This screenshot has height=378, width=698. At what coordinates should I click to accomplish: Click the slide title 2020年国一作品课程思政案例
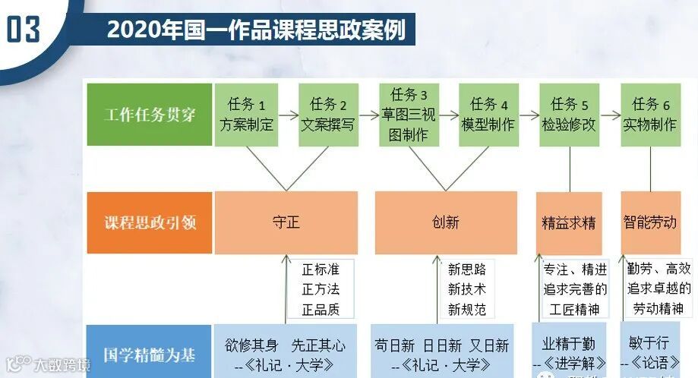tap(256, 30)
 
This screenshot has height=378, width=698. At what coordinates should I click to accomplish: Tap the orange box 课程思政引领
tap(150, 223)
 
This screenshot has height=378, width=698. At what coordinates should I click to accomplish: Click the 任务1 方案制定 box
tap(246, 115)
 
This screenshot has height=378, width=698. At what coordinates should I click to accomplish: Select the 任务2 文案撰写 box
tap(328, 115)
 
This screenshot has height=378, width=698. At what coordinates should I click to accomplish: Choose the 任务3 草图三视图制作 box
tap(409, 115)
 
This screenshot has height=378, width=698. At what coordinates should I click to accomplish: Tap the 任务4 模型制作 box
tap(488, 115)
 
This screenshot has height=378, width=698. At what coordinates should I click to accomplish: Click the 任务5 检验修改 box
tap(570, 115)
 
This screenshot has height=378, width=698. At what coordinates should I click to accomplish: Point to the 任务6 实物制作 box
tap(650, 115)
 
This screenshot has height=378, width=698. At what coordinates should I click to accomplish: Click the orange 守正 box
tap(286, 222)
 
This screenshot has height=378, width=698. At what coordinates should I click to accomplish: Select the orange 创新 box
tap(446, 222)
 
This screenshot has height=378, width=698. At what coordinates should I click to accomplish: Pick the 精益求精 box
tap(569, 223)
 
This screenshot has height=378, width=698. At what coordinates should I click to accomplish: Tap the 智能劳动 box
tap(650, 222)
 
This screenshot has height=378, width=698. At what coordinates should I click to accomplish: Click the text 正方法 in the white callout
tap(321, 288)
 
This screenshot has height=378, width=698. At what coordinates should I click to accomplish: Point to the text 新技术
tap(467, 288)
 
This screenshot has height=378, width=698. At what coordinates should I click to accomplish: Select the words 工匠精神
tap(574, 309)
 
